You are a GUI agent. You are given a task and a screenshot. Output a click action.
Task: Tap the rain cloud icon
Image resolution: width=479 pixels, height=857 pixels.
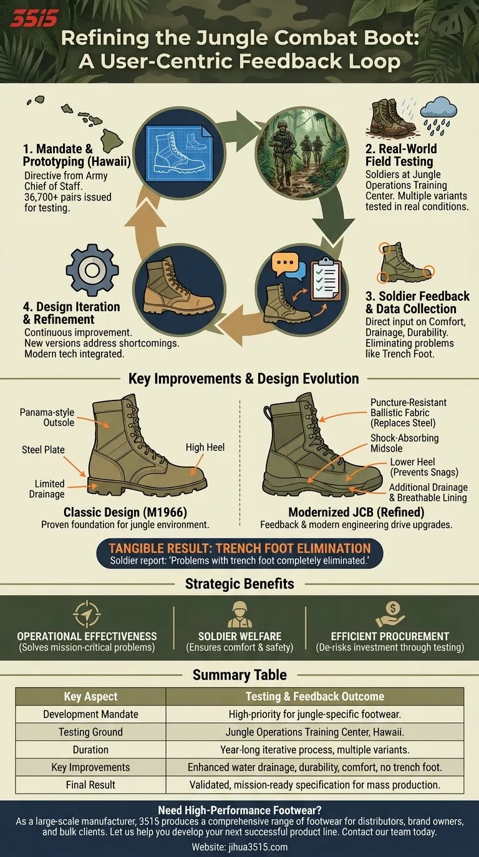438,115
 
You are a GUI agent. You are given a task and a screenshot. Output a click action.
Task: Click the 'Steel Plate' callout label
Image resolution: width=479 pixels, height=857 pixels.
43,449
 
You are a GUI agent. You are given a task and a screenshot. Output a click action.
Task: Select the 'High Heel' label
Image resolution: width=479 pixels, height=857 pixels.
205,447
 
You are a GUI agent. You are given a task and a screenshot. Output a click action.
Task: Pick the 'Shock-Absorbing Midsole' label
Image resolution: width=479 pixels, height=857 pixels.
404,443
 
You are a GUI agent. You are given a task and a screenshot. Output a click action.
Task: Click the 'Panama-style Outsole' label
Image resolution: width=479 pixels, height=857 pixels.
47,417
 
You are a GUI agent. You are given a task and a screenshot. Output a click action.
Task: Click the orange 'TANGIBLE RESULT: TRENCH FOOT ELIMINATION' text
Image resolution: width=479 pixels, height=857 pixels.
239,548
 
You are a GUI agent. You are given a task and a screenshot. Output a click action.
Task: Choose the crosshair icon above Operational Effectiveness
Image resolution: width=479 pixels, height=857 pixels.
87,614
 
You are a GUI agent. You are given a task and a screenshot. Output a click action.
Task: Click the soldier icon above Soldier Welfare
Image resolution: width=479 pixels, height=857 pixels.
239,614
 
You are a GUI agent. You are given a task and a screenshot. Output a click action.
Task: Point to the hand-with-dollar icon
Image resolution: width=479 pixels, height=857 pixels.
390,614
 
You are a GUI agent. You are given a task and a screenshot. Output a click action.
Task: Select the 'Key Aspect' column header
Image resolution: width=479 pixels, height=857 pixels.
90,696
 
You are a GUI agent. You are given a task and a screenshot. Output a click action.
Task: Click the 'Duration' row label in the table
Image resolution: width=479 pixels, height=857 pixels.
90,749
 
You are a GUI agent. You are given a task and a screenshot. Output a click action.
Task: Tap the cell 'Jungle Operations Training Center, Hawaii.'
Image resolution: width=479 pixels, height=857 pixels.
315,732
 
